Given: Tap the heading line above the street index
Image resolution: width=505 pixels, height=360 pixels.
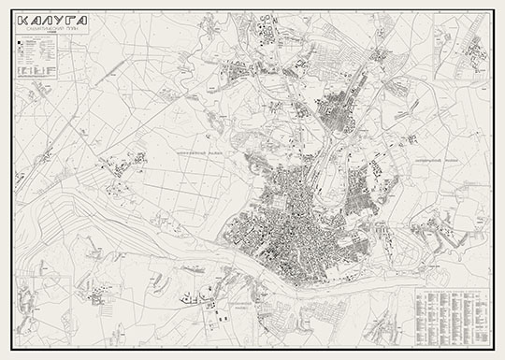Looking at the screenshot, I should (x=446, y=284).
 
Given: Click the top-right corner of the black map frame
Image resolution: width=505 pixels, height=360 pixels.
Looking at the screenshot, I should (x=492, y=10).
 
